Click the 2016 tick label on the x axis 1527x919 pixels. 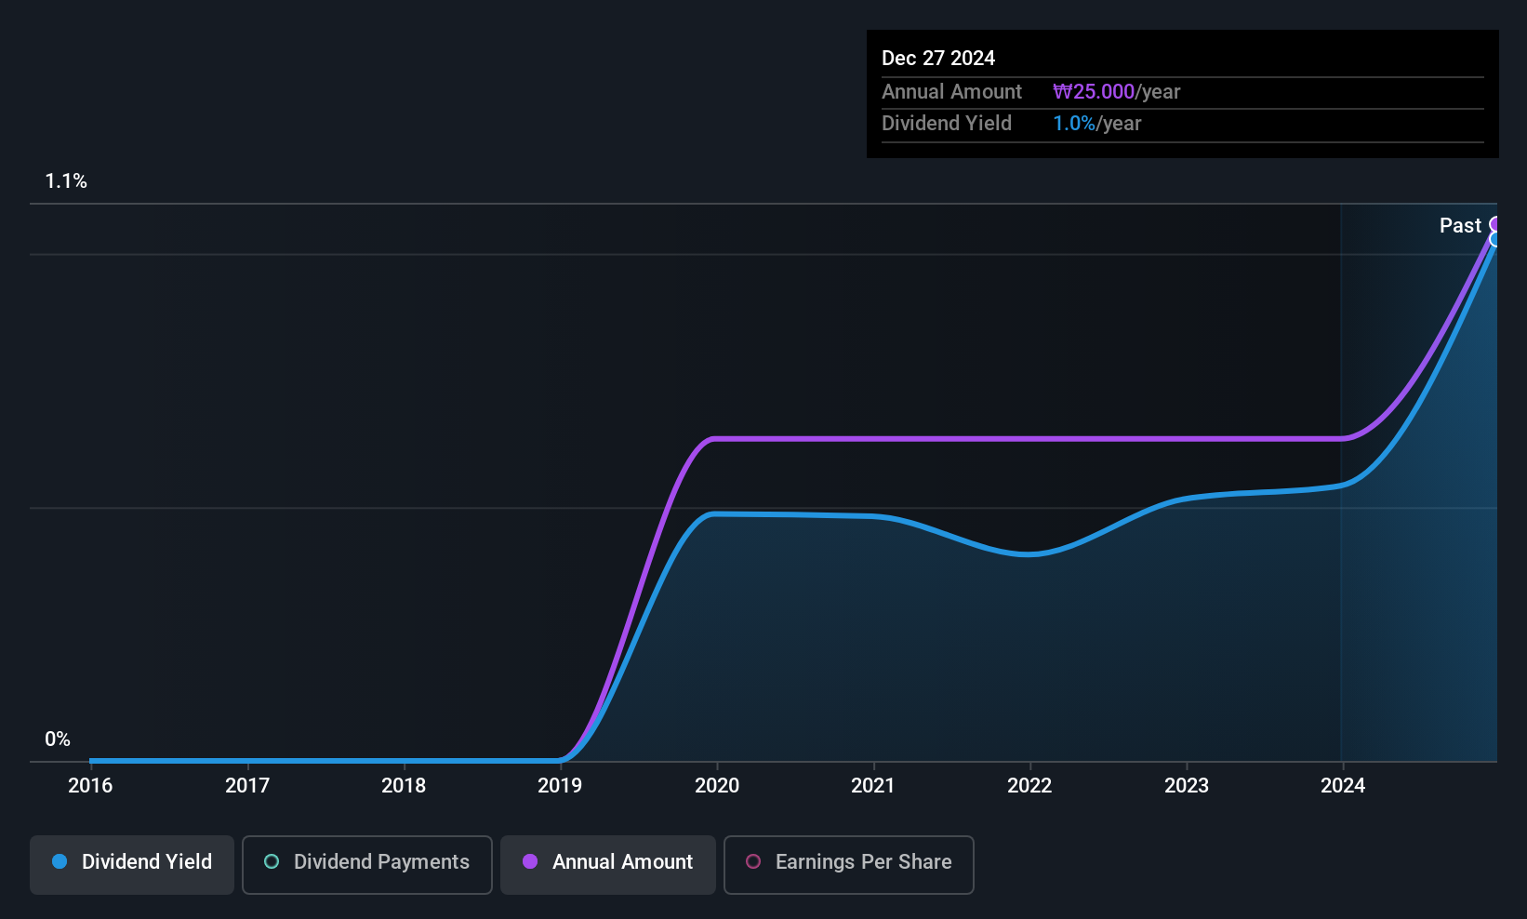pos(90,785)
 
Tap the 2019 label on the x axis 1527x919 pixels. pos(560,785)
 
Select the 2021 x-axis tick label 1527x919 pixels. pos(872,785)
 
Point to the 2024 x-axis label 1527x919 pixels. pos(1342,785)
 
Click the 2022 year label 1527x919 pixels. pos(1029,785)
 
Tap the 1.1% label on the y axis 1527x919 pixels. pos(66,181)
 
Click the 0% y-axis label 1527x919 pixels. pos(58,739)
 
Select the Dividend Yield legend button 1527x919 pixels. pos(131,864)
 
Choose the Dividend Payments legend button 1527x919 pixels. pos(366,864)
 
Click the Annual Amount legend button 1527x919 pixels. pos(608,864)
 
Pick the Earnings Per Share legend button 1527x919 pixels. pos(849,864)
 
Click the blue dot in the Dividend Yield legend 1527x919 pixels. pos(60,861)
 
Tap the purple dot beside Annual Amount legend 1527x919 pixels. pos(530,861)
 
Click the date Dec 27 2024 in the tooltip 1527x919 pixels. pos(938,59)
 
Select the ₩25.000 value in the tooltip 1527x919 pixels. pos(1094,91)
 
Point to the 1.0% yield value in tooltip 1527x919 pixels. pos(1074,124)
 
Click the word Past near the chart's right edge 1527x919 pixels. pos(1460,226)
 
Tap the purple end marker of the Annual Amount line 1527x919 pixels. pos(1493,223)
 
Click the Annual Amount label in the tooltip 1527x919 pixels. pos(951,91)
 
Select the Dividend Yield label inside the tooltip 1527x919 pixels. pos(946,124)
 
